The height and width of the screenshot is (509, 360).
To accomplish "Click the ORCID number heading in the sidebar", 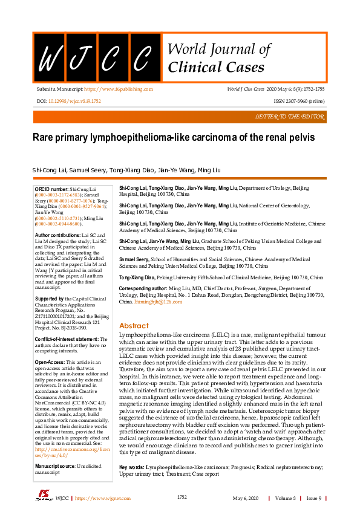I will tap(52, 189).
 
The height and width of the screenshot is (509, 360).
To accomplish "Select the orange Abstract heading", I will tap(134, 325).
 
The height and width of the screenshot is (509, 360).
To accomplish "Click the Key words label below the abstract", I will tap(131, 467).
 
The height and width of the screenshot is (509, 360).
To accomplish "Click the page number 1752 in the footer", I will tap(182, 498).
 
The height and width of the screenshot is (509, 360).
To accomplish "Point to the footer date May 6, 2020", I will tap(245, 498).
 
